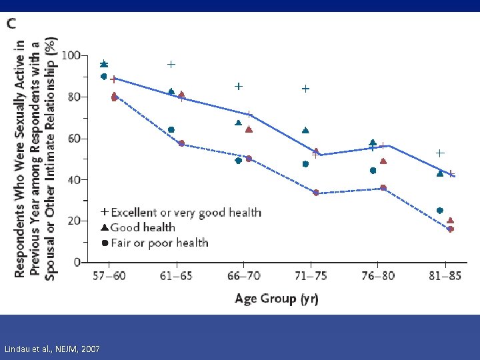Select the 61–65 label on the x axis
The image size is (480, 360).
click(x=176, y=276)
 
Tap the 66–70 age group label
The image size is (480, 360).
click(x=243, y=276)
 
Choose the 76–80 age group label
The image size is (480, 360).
click(x=378, y=276)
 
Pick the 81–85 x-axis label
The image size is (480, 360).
click(x=445, y=276)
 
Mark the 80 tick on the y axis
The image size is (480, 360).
click(x=74, y=97)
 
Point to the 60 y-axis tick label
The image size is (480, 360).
click(x=74, y=139)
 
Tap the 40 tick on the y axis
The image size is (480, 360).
click(x=74, y=180)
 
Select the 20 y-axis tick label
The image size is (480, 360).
click(x=74, y=221)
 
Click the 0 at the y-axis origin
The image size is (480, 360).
click(x=77, y=262)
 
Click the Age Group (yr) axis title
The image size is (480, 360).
click(x=277, y=298)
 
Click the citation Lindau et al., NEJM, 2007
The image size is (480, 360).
click(x=52, y=349)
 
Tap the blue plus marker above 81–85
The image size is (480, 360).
click(x=440, y=153)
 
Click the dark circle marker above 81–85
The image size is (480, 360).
click(x=439, y=211)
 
